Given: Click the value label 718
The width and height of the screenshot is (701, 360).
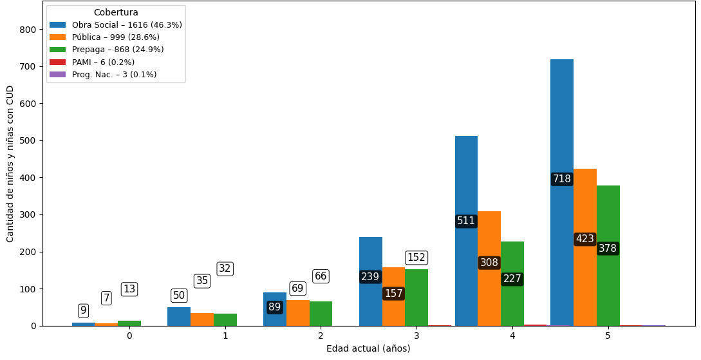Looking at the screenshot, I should coord(561,179).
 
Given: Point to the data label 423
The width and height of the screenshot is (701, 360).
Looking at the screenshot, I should coord(584,239).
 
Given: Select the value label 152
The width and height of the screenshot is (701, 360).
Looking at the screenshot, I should coord(416,258).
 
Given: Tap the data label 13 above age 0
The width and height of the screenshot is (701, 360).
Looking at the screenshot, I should coord(129,289).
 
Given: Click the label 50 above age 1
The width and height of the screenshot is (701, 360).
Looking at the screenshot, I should coord(178,296).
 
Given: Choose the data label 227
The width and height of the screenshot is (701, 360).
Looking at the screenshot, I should coord(512,279).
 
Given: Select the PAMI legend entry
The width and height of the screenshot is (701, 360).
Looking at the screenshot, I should coord(103,62).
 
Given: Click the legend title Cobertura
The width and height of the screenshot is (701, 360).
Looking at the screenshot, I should coord(116,13).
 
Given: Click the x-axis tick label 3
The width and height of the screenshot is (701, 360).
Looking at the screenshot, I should coord(416,336).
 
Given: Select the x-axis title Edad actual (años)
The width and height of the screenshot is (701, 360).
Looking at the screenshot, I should coord(368,349).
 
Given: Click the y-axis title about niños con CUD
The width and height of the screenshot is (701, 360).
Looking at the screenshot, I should coord(10,164).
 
